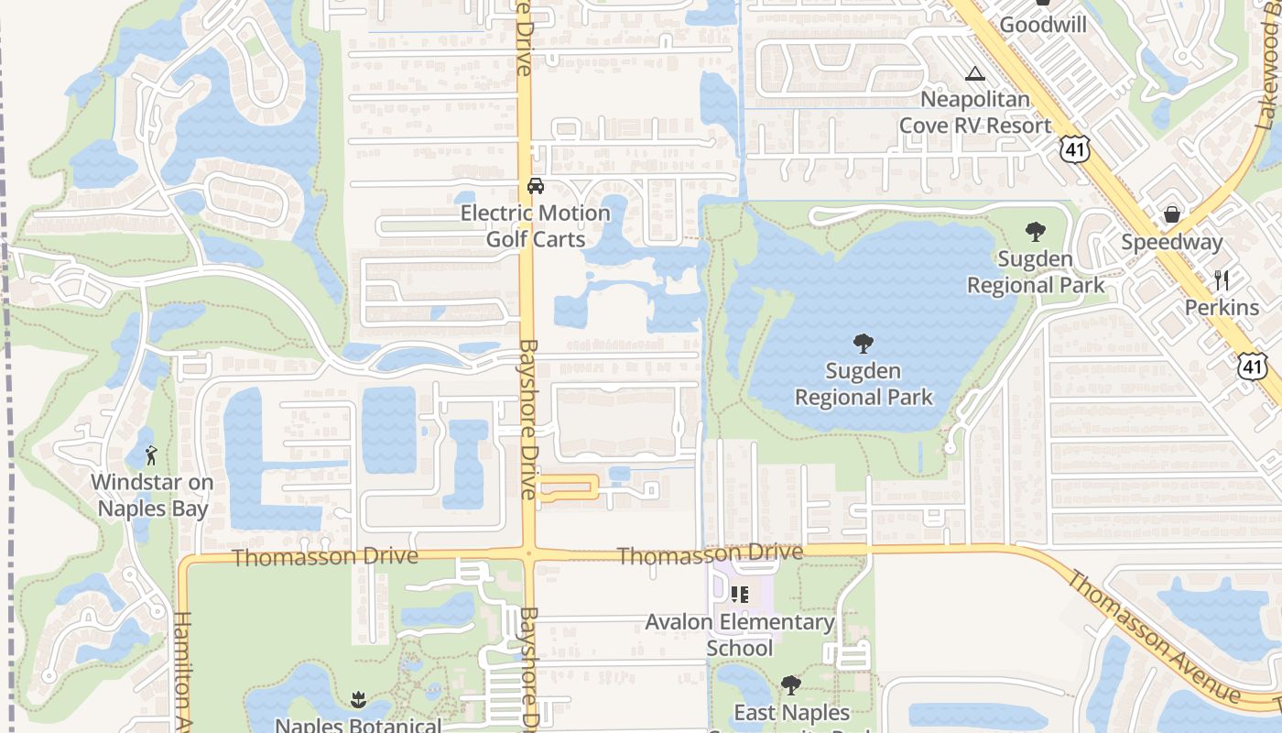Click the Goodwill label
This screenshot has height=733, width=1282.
1043,24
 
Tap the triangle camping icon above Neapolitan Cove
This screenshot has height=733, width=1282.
975,73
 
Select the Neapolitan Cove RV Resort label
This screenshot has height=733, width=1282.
975,112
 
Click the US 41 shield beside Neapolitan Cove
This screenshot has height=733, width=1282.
1075,148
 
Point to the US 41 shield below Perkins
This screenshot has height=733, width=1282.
1252,365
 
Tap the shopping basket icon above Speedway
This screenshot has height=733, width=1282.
1171,215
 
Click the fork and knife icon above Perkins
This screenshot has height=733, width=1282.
1222,280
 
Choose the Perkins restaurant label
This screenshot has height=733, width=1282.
1222,307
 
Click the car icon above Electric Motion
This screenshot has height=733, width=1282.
536,186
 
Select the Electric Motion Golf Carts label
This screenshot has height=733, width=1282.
536,226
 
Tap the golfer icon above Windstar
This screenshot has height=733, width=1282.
152,455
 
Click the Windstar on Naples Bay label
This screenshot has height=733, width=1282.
152,496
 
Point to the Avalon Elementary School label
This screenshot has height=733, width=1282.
740,635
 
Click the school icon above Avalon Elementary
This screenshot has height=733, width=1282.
740,595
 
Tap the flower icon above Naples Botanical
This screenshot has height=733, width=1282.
358,701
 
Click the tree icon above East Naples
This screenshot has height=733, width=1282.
791,685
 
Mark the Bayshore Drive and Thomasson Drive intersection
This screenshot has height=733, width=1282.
528,553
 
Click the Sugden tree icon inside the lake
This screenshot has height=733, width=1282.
863,345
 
